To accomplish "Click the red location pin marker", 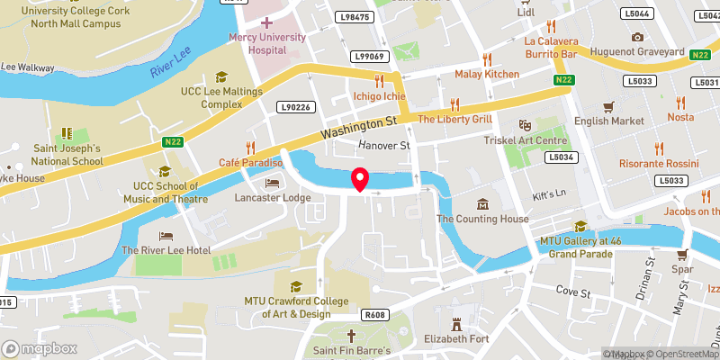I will coord(360,179).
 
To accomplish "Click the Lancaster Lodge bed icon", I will coord(272,183).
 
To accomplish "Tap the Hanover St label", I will coord(384,144).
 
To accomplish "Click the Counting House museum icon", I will coord(482,203).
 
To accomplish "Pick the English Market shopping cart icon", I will coord(609,105).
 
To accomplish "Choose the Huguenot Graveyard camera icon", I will coord(637,37).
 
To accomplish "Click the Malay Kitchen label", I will coord(487,74).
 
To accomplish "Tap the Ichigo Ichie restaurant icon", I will coord(379,80).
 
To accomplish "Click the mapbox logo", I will coord(38,347).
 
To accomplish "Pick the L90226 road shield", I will coord(296,106).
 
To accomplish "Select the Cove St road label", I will coord(572,292).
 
